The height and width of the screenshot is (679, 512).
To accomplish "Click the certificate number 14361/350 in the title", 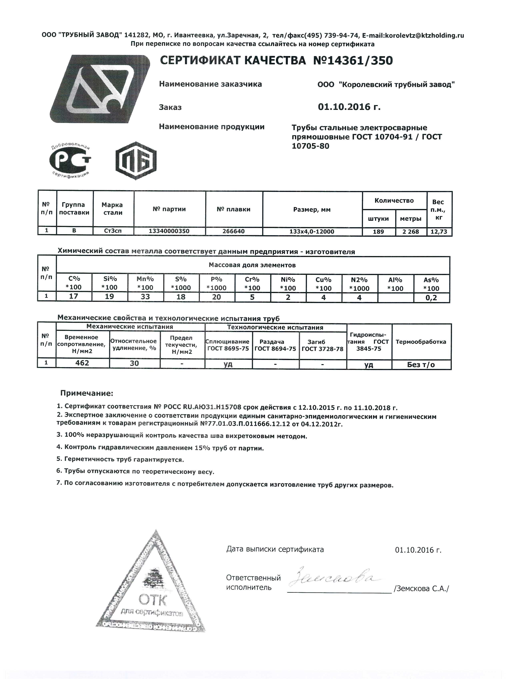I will pos(352,61).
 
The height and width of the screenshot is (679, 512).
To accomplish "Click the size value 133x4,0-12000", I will pos(312,231).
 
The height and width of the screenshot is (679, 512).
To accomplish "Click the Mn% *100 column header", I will pos(145,283).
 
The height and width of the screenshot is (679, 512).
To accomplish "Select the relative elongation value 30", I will pos(134,364).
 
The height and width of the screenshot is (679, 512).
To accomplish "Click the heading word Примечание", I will pos(87,393).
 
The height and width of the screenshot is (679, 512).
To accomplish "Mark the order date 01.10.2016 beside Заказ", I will pos(349,107).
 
